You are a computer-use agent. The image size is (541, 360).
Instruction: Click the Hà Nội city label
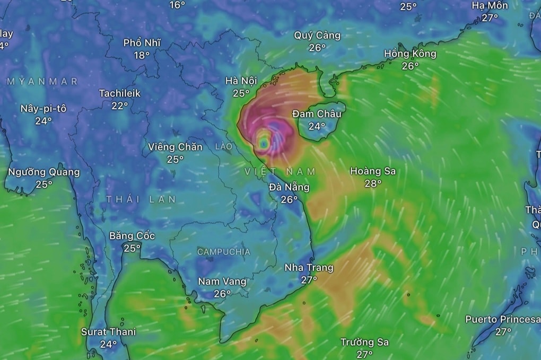pos(241,81)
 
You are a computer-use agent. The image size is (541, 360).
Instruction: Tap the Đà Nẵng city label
pos(289,187)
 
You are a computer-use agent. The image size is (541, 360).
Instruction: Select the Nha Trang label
pos(309,268)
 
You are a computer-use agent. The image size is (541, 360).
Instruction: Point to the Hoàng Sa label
pos(373,171)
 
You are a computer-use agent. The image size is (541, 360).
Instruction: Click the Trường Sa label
pos(364,342)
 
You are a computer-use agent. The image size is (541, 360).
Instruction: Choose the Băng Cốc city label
pos(132,236)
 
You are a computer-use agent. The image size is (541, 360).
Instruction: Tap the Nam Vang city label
pos(222,282)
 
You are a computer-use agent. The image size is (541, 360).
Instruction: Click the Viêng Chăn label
pos(175,147)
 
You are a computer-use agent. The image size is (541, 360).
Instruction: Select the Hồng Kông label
pos(410,54)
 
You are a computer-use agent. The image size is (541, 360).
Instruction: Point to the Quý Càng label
pos(317,36)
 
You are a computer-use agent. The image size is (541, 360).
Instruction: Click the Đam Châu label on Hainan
pos(317,114)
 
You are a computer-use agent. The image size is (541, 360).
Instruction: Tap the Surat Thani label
pos(108,332)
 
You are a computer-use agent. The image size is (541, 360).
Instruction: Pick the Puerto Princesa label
pos(503,319)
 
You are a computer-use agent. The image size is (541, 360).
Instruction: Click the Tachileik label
pos(120,93)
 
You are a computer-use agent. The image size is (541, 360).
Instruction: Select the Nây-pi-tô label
pos(43,108)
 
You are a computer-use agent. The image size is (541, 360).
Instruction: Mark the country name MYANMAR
pos(42,81)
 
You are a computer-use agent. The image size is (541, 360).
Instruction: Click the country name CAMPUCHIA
pos(223,252)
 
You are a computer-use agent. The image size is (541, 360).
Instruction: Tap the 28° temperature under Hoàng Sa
pos(373,183)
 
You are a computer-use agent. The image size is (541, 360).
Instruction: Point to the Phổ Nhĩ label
pos(142,43)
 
